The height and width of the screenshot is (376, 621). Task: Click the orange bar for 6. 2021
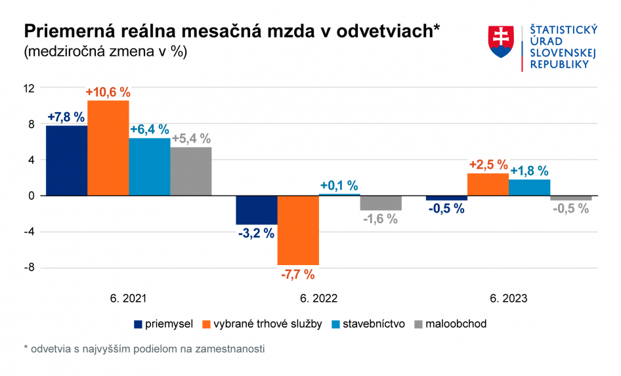tap(108, 148)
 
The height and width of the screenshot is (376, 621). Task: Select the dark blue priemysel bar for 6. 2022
tap(257, 210)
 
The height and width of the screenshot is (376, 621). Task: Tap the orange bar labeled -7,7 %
tap(298, 230)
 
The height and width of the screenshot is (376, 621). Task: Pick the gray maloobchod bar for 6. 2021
tap(191, 171)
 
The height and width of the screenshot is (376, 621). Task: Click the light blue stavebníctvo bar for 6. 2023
tap(530, 188)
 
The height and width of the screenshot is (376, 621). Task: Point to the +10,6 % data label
tap(108, 93)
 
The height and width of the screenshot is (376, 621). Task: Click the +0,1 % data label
tap(339, 186)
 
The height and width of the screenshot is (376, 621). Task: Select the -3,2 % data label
tap(256, 233)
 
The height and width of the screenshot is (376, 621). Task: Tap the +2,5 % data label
tap(488, 165)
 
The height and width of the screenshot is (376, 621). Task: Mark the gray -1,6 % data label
tap(380, 219)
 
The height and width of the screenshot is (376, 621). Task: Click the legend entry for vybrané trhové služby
tap(263, 324)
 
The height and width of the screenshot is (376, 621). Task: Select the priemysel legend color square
tap(138, 324)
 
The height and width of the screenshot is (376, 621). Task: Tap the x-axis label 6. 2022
tap(318, 298)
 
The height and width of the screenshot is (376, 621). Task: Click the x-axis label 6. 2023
tap(509, 298)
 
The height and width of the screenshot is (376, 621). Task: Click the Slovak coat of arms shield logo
tap(502, 41)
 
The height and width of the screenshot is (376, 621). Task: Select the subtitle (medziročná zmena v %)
tap(106, 52)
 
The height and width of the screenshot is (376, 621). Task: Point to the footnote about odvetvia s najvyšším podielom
tap(143, 349)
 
